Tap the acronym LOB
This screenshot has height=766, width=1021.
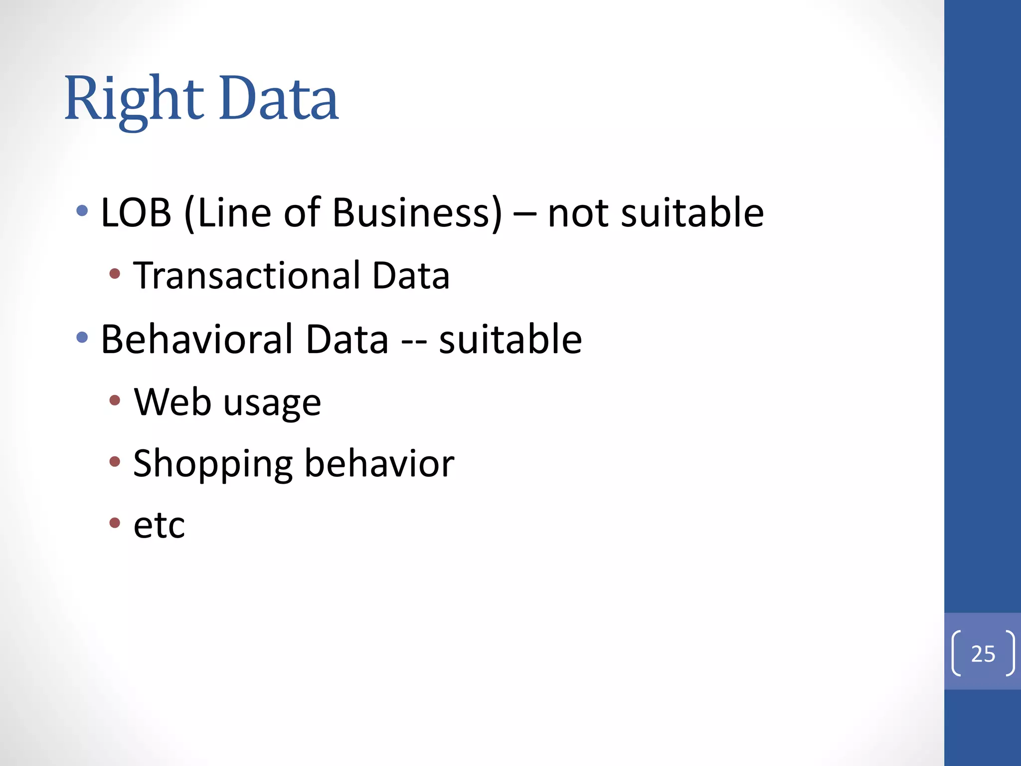point(136,213)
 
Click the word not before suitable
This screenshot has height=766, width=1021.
point(577,213)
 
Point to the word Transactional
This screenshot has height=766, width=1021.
point(247,276)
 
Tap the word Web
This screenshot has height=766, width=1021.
point(172,402)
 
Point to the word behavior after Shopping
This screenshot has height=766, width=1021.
point(379,464)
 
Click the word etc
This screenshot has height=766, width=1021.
point(159,526)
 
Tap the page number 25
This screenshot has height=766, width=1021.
point(983,654)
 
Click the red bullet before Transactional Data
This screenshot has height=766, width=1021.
point(115,274)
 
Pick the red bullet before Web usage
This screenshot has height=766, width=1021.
point(115,400)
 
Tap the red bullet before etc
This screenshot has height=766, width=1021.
point(115,523)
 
